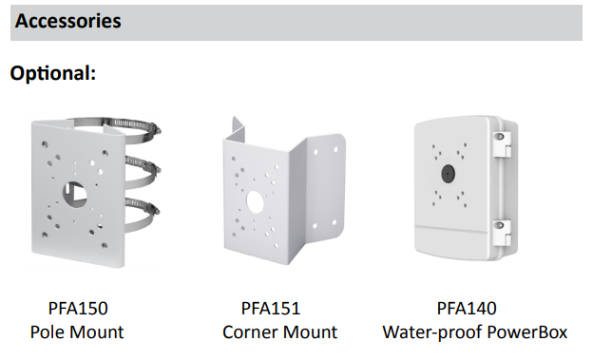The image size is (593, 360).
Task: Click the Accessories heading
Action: [68, 21]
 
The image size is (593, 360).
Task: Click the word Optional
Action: [53, 73]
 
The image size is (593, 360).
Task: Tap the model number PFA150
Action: [78, 308]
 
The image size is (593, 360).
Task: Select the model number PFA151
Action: [271, 308]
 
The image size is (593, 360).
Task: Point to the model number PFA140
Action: [467, 308]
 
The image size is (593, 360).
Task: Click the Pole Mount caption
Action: [77, 332]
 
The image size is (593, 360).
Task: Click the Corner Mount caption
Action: [279, 332]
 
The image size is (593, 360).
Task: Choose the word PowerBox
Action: [526, 332]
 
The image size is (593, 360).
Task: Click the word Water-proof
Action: [432, 332]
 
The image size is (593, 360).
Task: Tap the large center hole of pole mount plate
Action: [75, 194]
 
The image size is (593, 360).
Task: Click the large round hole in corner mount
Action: [255, 201]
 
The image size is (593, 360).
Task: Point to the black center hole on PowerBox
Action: [448, 174]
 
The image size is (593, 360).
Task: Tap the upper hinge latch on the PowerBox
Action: [502, 144]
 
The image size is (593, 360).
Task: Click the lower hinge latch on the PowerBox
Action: [502, 233]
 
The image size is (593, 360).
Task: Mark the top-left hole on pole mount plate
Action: [45, 144]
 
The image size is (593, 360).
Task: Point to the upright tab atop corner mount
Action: [239, 129]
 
